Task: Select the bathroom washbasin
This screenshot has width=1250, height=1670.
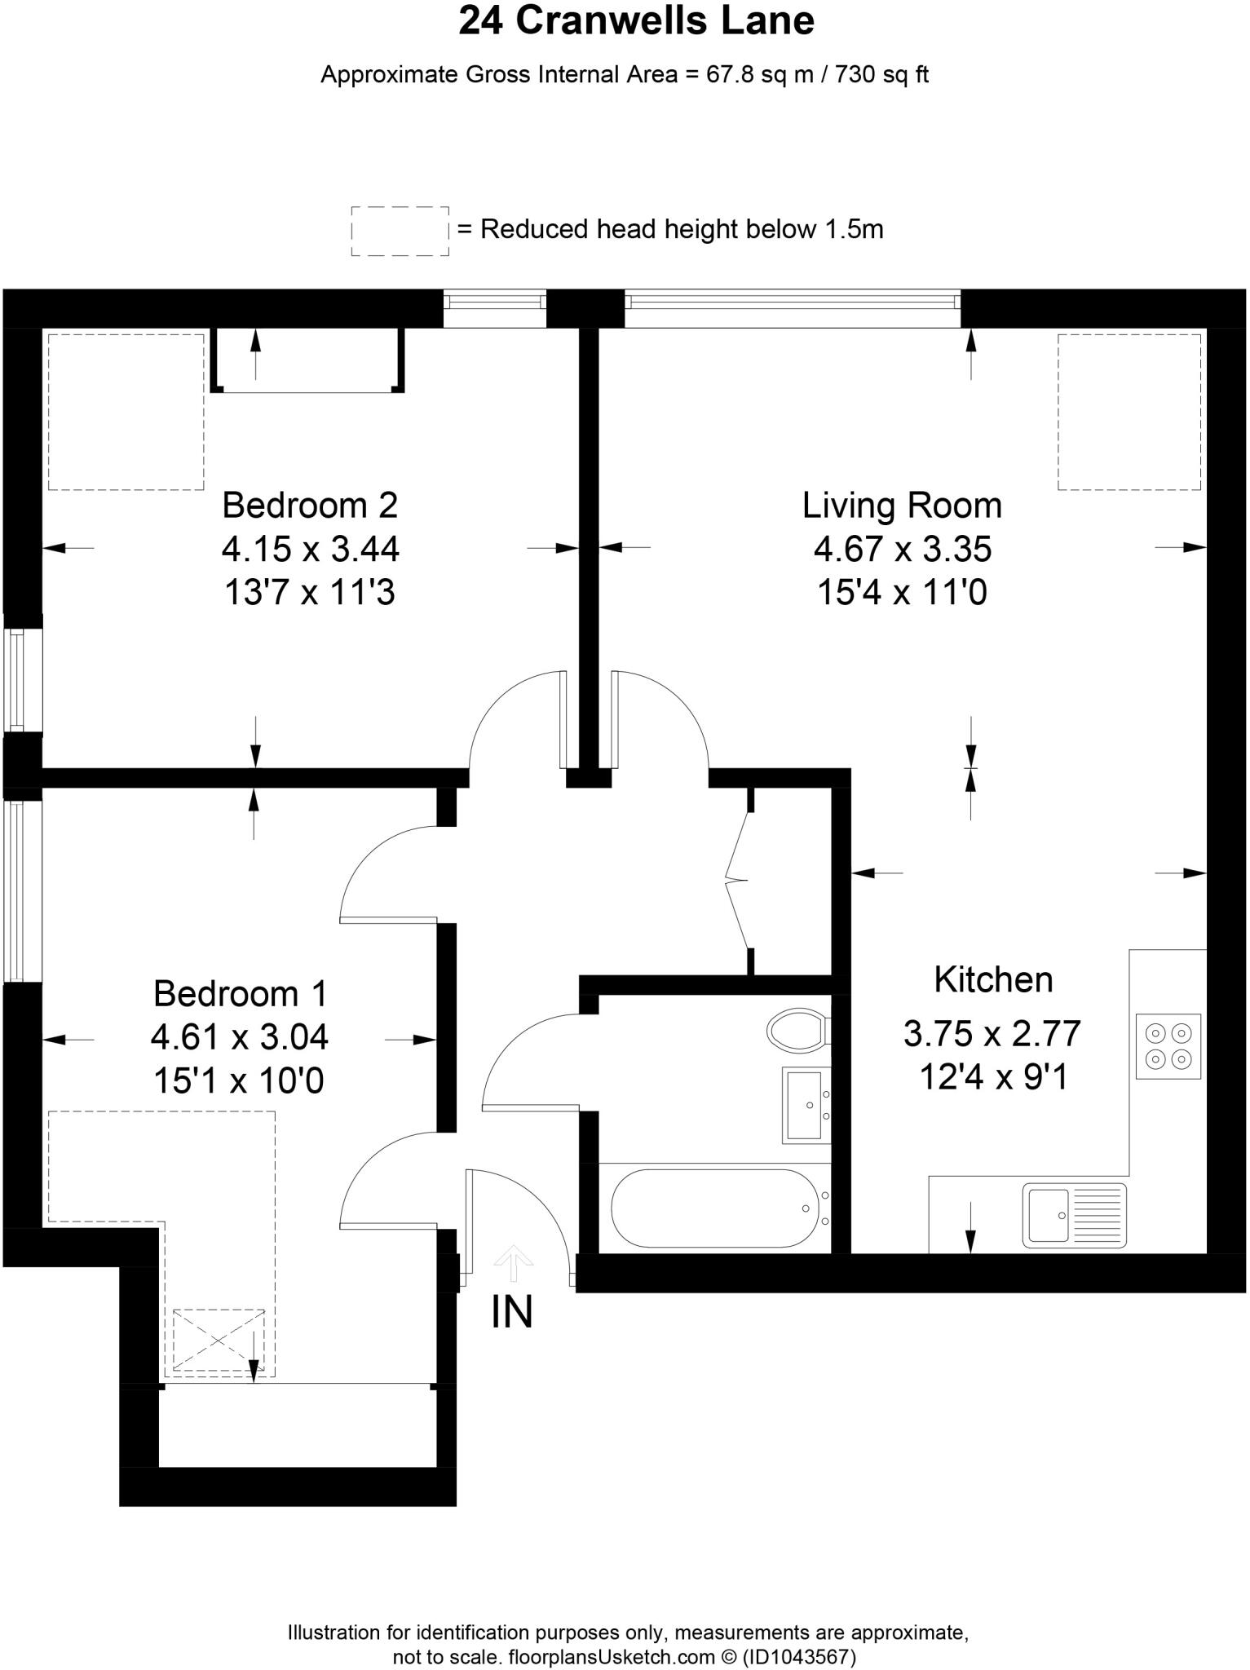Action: (x=806, y=1104)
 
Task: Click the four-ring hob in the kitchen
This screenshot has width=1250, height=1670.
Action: (x=1168, y=1046)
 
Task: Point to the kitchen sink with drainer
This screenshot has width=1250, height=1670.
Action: (x=1074, y=1215)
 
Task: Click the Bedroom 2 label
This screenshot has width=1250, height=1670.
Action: (x=310, y=506)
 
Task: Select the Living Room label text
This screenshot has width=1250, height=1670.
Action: (x=902, y=506)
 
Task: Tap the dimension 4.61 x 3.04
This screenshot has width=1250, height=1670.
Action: (x=239, y=1037)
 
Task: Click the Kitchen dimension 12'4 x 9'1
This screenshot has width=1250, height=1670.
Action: (x=993, y=1077)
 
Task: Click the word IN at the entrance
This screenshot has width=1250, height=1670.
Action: (x=512, y=1312)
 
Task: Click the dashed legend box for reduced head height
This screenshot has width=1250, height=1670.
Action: (x=400, y=231)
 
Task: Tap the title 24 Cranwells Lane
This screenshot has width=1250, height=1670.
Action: (x=636, y=21)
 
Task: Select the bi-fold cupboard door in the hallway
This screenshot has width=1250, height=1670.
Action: (x=738, y=881)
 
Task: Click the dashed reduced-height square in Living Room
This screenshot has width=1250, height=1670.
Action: (x=1129, y=411)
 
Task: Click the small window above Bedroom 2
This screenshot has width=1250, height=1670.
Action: (x=494, y=302)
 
